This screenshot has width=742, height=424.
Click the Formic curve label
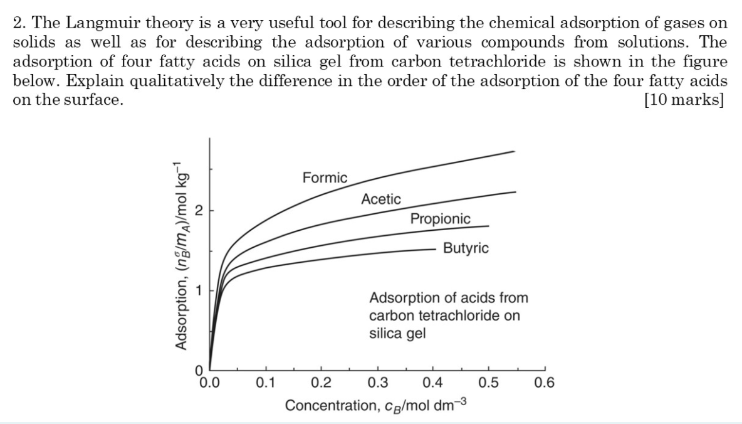[325, 178]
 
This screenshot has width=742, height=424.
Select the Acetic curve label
[381, 199]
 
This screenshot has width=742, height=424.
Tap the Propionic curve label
[440, 219]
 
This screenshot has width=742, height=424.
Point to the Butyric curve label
[466, 248]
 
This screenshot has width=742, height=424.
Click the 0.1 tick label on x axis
[266, 382]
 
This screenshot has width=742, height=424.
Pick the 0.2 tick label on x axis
[321, 382]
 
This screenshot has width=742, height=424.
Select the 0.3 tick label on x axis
[377, 382]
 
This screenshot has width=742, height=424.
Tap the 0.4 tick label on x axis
[432, 382]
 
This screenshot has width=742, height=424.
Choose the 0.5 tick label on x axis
[488, 382]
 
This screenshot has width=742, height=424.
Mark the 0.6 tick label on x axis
[543, 382]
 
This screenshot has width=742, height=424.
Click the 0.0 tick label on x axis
[210, 382]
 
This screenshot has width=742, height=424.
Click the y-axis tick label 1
[199, 290]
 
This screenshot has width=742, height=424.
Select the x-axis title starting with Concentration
[375, 405]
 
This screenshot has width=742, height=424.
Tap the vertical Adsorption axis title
[182, 256]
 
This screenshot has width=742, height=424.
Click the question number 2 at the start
[18, 24]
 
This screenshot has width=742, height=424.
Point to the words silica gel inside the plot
[397, 333]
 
